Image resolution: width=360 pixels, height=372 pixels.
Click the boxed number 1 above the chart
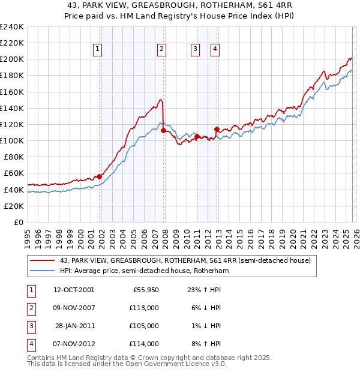coord(98,50)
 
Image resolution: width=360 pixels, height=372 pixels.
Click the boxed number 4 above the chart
coord(215,50)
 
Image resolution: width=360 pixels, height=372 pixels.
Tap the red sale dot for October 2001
coord(100,176)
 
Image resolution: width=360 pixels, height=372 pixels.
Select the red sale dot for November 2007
coord(164,130)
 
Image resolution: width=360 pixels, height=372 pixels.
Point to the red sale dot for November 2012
coord(217,129)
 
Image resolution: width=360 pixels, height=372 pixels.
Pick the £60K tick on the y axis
coord(13,173)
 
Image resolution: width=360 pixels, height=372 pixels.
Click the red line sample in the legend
coord(43,261)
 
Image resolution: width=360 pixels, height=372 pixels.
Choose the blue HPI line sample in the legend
coord(43,271)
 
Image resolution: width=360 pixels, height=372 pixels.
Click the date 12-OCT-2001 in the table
coord(74,290)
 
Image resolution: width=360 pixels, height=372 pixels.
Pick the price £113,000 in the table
coord(145,308)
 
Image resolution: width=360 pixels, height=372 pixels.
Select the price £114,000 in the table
coord(145,344)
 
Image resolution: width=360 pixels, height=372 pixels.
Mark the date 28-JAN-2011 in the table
coord(74,326)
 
